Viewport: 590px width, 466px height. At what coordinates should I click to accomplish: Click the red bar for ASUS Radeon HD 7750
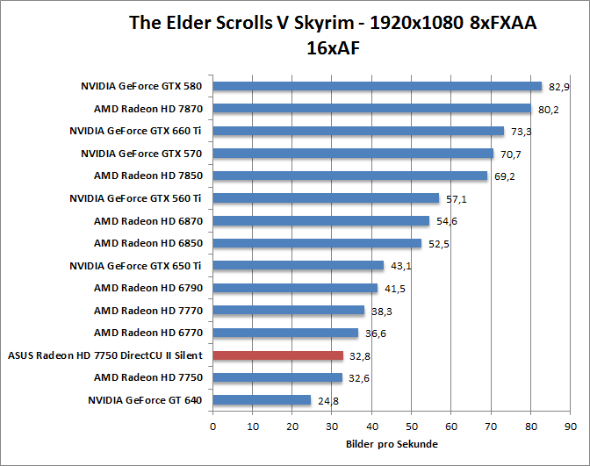(x=277, y=355)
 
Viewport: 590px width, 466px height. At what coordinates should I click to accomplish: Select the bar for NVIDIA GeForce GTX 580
(x=378, y=86)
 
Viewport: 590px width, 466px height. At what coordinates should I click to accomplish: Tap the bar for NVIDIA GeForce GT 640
(x=262, y=400)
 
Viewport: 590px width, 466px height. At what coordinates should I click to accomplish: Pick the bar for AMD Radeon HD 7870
(x=371, y=109)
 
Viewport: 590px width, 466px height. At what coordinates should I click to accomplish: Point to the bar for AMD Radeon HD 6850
(x=317, y=243)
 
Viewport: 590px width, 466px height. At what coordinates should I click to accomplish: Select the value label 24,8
(x=328, y=401)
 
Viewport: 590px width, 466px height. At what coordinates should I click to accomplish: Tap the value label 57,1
(x=457, y=199)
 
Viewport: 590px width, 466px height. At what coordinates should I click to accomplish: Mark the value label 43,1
(x=401, y=266)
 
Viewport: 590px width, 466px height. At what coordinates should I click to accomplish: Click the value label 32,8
(x=361, y=356)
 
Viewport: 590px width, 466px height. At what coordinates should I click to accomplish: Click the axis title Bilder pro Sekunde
(x=391, y=444)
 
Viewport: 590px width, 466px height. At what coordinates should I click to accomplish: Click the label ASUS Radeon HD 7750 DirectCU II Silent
(x=105, y=355)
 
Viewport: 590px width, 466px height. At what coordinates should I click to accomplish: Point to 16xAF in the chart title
(x=333, y=48)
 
